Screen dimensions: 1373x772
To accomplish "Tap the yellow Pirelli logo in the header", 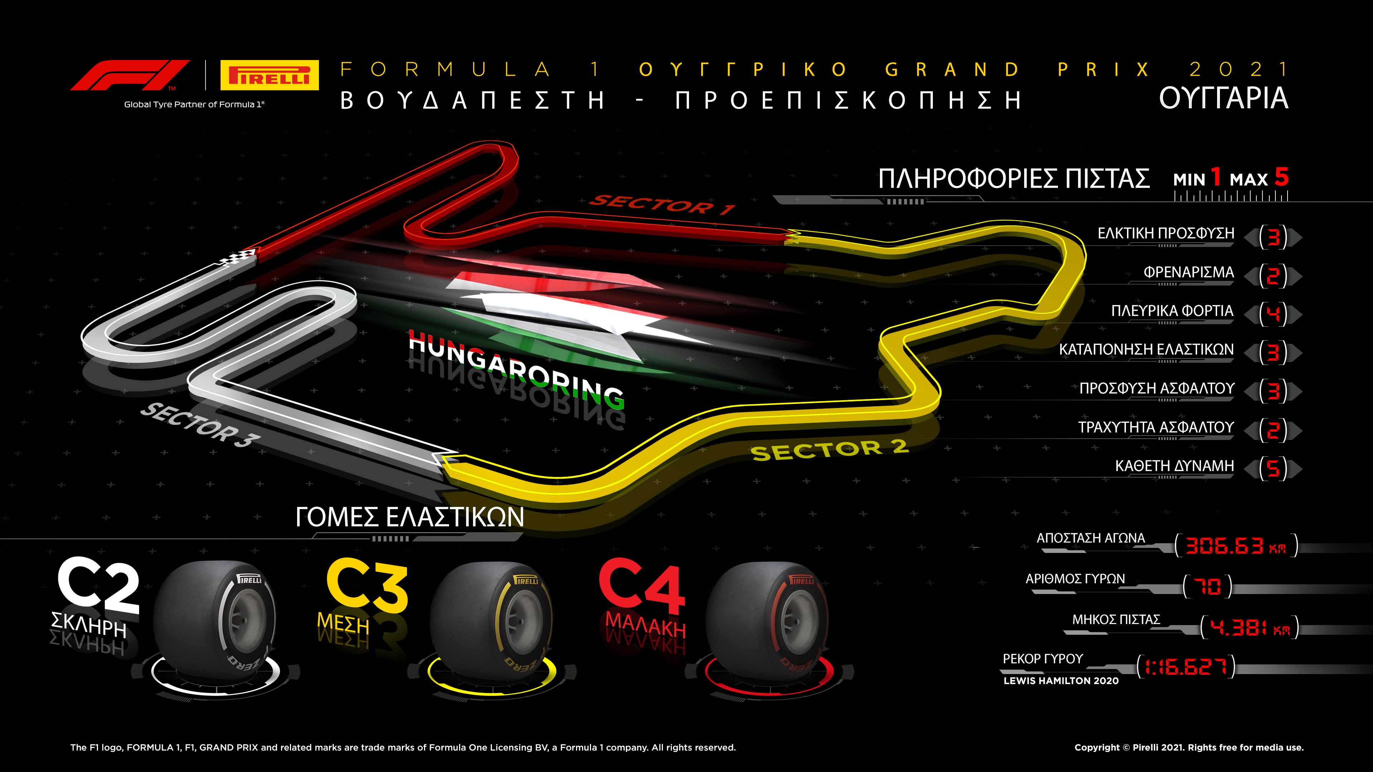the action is click(x=269, y=75).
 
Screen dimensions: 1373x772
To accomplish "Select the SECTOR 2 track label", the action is click(x=830, y=450).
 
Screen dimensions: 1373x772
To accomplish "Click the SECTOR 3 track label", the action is click(x=200, y=425).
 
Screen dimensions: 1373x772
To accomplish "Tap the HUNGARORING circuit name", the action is click(x=516, y=369).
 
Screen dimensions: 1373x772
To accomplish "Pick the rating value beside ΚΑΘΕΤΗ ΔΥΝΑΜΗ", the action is click(x=1273, y=468).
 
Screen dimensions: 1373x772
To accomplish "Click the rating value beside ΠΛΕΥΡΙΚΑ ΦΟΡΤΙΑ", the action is click(x=1273, y=313).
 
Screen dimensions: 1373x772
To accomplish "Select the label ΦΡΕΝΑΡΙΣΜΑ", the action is click(x=1189, y=272).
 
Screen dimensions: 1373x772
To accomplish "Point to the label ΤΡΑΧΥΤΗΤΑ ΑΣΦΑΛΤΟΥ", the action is click(x=1156, y=427).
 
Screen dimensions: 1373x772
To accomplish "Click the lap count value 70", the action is click(x=1207, y=587).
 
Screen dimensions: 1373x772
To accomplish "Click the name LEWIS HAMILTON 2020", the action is click(x=1060, y=681).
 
